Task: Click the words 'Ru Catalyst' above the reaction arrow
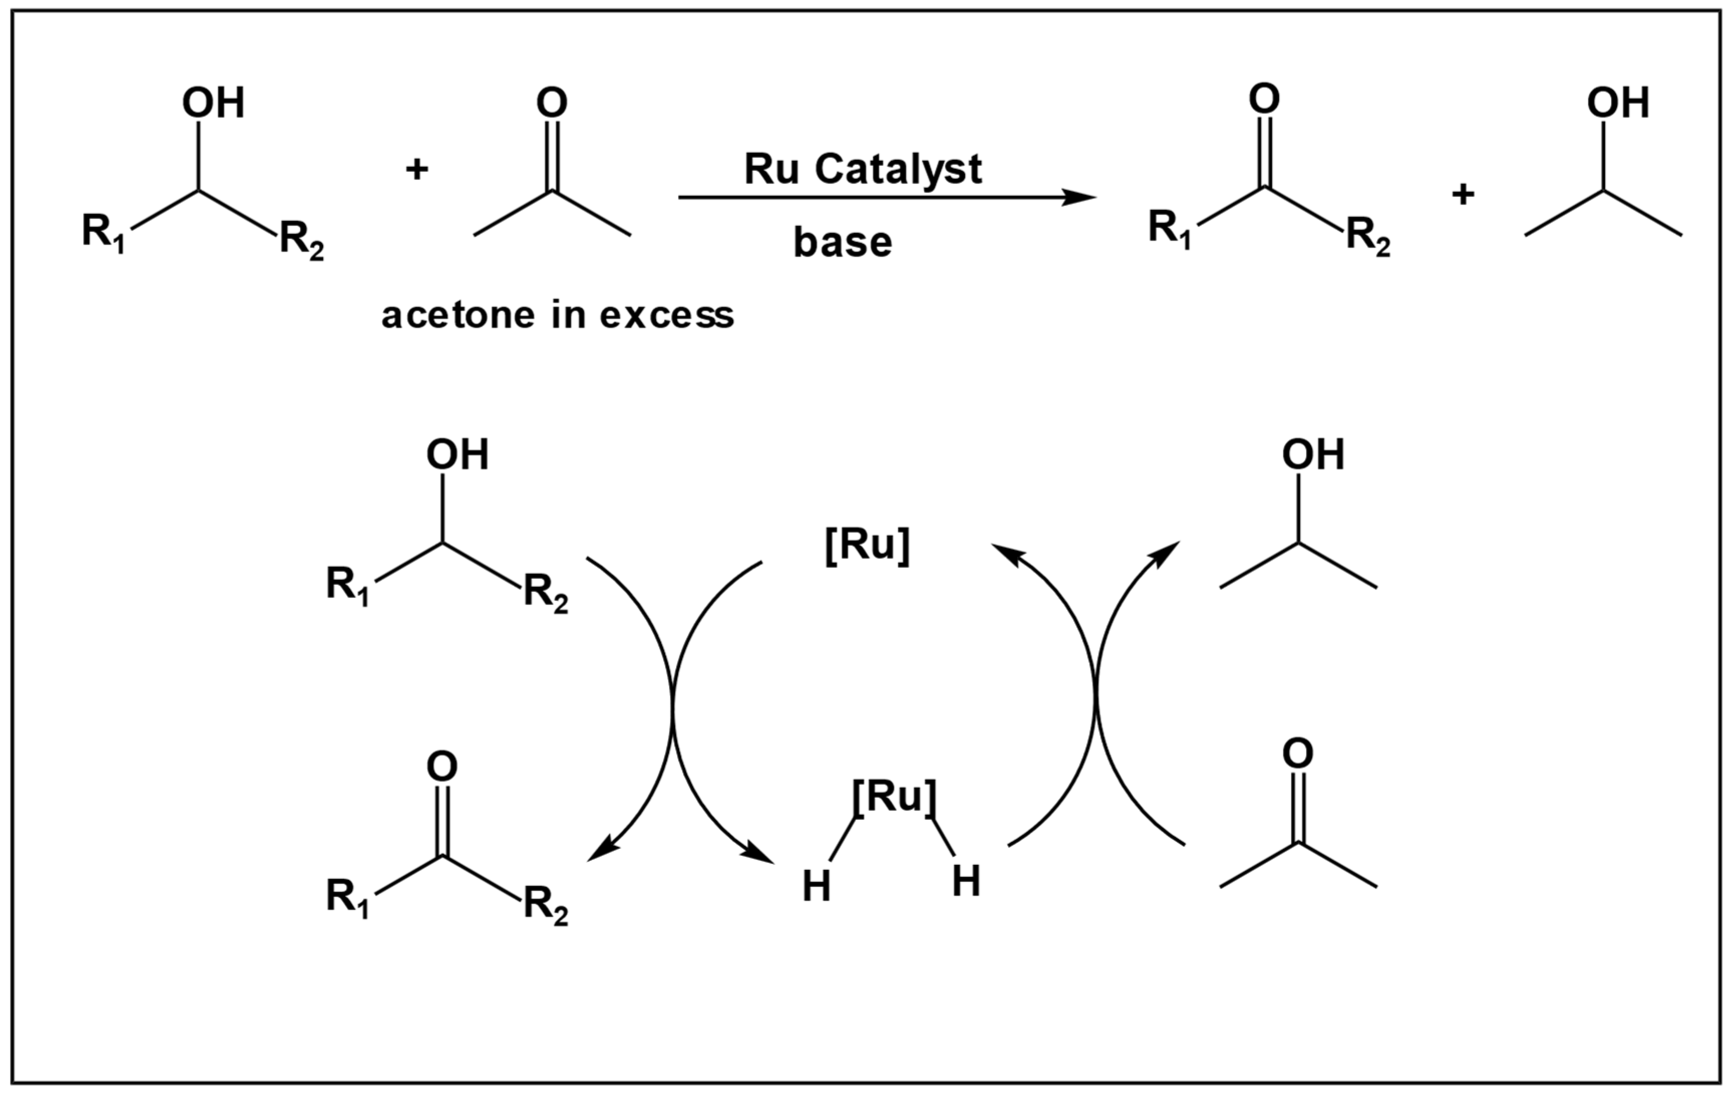click(x=862, y=170)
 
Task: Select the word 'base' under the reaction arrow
click(x=842, y=243)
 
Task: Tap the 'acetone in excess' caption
click(x=558, y=315)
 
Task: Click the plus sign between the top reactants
click(x=417, y=170)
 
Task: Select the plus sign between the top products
click(x=1462, y=194)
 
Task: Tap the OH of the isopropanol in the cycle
click(x=1313, y=455)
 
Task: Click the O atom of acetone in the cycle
click(x=1298, y=753)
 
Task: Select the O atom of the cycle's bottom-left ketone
click(x=442, y=767)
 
